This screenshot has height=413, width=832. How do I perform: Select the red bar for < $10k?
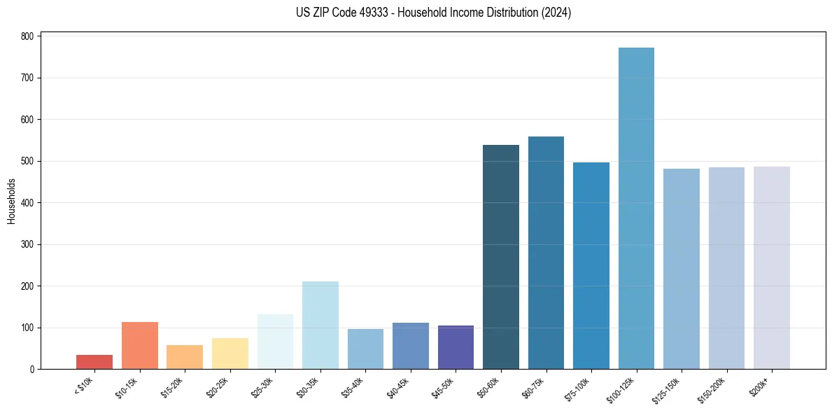point(94,362)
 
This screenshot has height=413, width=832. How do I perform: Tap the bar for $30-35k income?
point(320,325)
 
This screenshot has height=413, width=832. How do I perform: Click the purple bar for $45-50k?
point(456,347)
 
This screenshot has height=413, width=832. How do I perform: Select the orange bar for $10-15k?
point(140,346)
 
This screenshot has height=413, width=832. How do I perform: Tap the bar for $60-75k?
point(546,253)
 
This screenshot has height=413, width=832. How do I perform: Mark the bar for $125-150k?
point(682,269)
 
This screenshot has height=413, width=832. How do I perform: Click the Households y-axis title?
point(11,201)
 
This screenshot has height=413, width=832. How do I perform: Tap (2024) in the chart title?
point(556,13)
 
